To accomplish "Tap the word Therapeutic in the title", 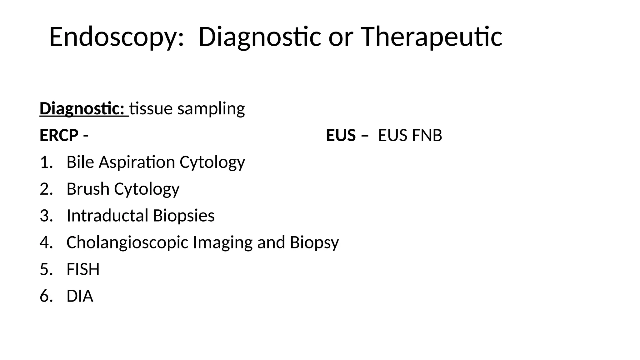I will coord(431,37).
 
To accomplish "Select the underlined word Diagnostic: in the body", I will coord(82,109).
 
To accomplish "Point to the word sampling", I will coord(211,109).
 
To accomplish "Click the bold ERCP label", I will coord(59,136).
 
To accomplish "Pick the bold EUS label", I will coord(341,136).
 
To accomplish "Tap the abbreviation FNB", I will coord(427,136).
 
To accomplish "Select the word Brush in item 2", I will coord(88,189).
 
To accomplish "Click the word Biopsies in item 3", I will coord(184,216).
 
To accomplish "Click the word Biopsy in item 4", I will coord(314,242).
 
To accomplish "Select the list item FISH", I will coord(83,269).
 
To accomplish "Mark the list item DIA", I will coord(80,296).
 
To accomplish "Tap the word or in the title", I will coord(341,37).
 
